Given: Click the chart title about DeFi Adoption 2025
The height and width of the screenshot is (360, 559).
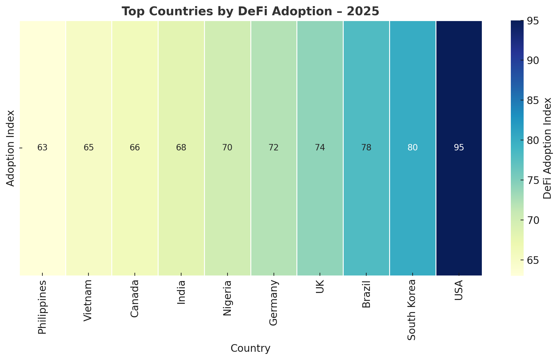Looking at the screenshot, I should (x=250, y=11).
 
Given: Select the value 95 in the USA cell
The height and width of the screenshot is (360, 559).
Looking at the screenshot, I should (x=459, y=148).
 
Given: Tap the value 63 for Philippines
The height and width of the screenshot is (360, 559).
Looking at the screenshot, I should (x=42, y=148).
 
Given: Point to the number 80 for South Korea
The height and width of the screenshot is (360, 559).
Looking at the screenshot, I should (x=413, y=148).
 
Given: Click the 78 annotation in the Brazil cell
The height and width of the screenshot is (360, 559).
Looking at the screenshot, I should (x=366, y=148).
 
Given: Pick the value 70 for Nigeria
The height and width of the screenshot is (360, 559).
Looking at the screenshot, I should (x=228, y=148).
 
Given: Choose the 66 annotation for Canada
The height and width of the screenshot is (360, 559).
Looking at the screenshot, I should (x=135, y=148).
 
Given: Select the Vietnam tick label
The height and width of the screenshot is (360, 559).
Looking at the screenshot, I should (x=88, y=300).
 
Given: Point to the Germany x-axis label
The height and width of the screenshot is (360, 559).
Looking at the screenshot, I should (x=274, y=303).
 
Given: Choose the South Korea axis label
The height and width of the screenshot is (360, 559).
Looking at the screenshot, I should (x=413, y=310).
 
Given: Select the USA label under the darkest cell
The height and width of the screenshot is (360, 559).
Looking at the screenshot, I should (x=459, y=290).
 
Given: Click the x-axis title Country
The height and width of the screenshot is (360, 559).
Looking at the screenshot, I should (x=250, y=348).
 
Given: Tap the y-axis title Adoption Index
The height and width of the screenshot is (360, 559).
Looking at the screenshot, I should (x=11, y=148).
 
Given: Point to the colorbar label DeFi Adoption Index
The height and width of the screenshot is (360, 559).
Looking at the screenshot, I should (x=547, y=148).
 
